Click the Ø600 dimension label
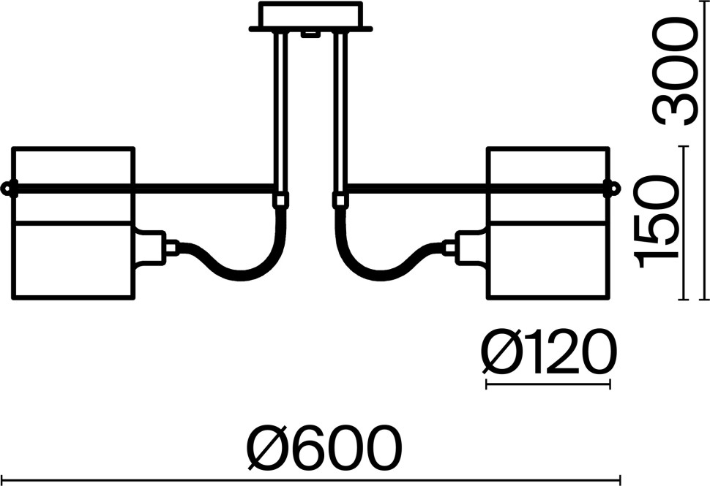[x=324, y=448]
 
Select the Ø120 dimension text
[x=549, y=352]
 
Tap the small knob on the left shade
[x=7, y=188]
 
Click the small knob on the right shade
[x=613, y=188]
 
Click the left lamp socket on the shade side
[x=150, y=247]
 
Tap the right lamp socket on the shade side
[x=471, y=247]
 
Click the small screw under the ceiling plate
[x=310, y=34]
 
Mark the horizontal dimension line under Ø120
[x=548, y=384]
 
